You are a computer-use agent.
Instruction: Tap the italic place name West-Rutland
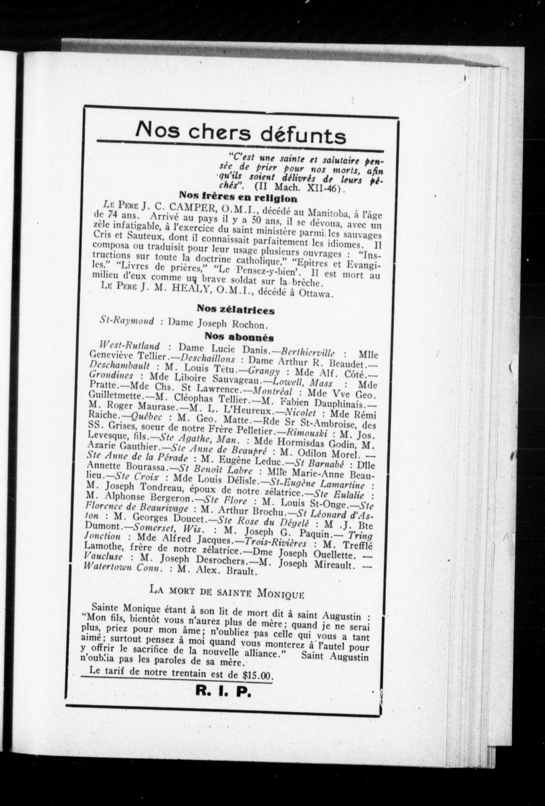(129, 346)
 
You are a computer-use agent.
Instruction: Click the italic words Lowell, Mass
(302, 383)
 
